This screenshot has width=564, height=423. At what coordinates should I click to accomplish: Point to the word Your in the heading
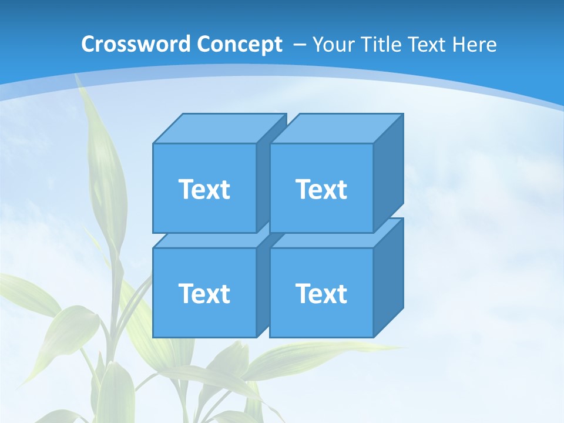[x=334, y=44]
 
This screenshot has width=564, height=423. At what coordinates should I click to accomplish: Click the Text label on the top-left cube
[x=204, y=189]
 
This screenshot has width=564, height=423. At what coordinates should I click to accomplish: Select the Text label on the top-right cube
[x=321, y=189]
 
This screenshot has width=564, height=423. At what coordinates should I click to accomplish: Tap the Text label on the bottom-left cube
[x=204, y=293]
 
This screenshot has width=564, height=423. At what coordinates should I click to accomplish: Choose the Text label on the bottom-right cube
[x=321, y=293]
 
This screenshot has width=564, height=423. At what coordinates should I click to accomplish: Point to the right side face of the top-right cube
[x=388, y=170]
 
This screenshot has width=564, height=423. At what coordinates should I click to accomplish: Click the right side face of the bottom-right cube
[x=388, y=276]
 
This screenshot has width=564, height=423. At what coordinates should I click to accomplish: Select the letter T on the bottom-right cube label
[x=303, y=293]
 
